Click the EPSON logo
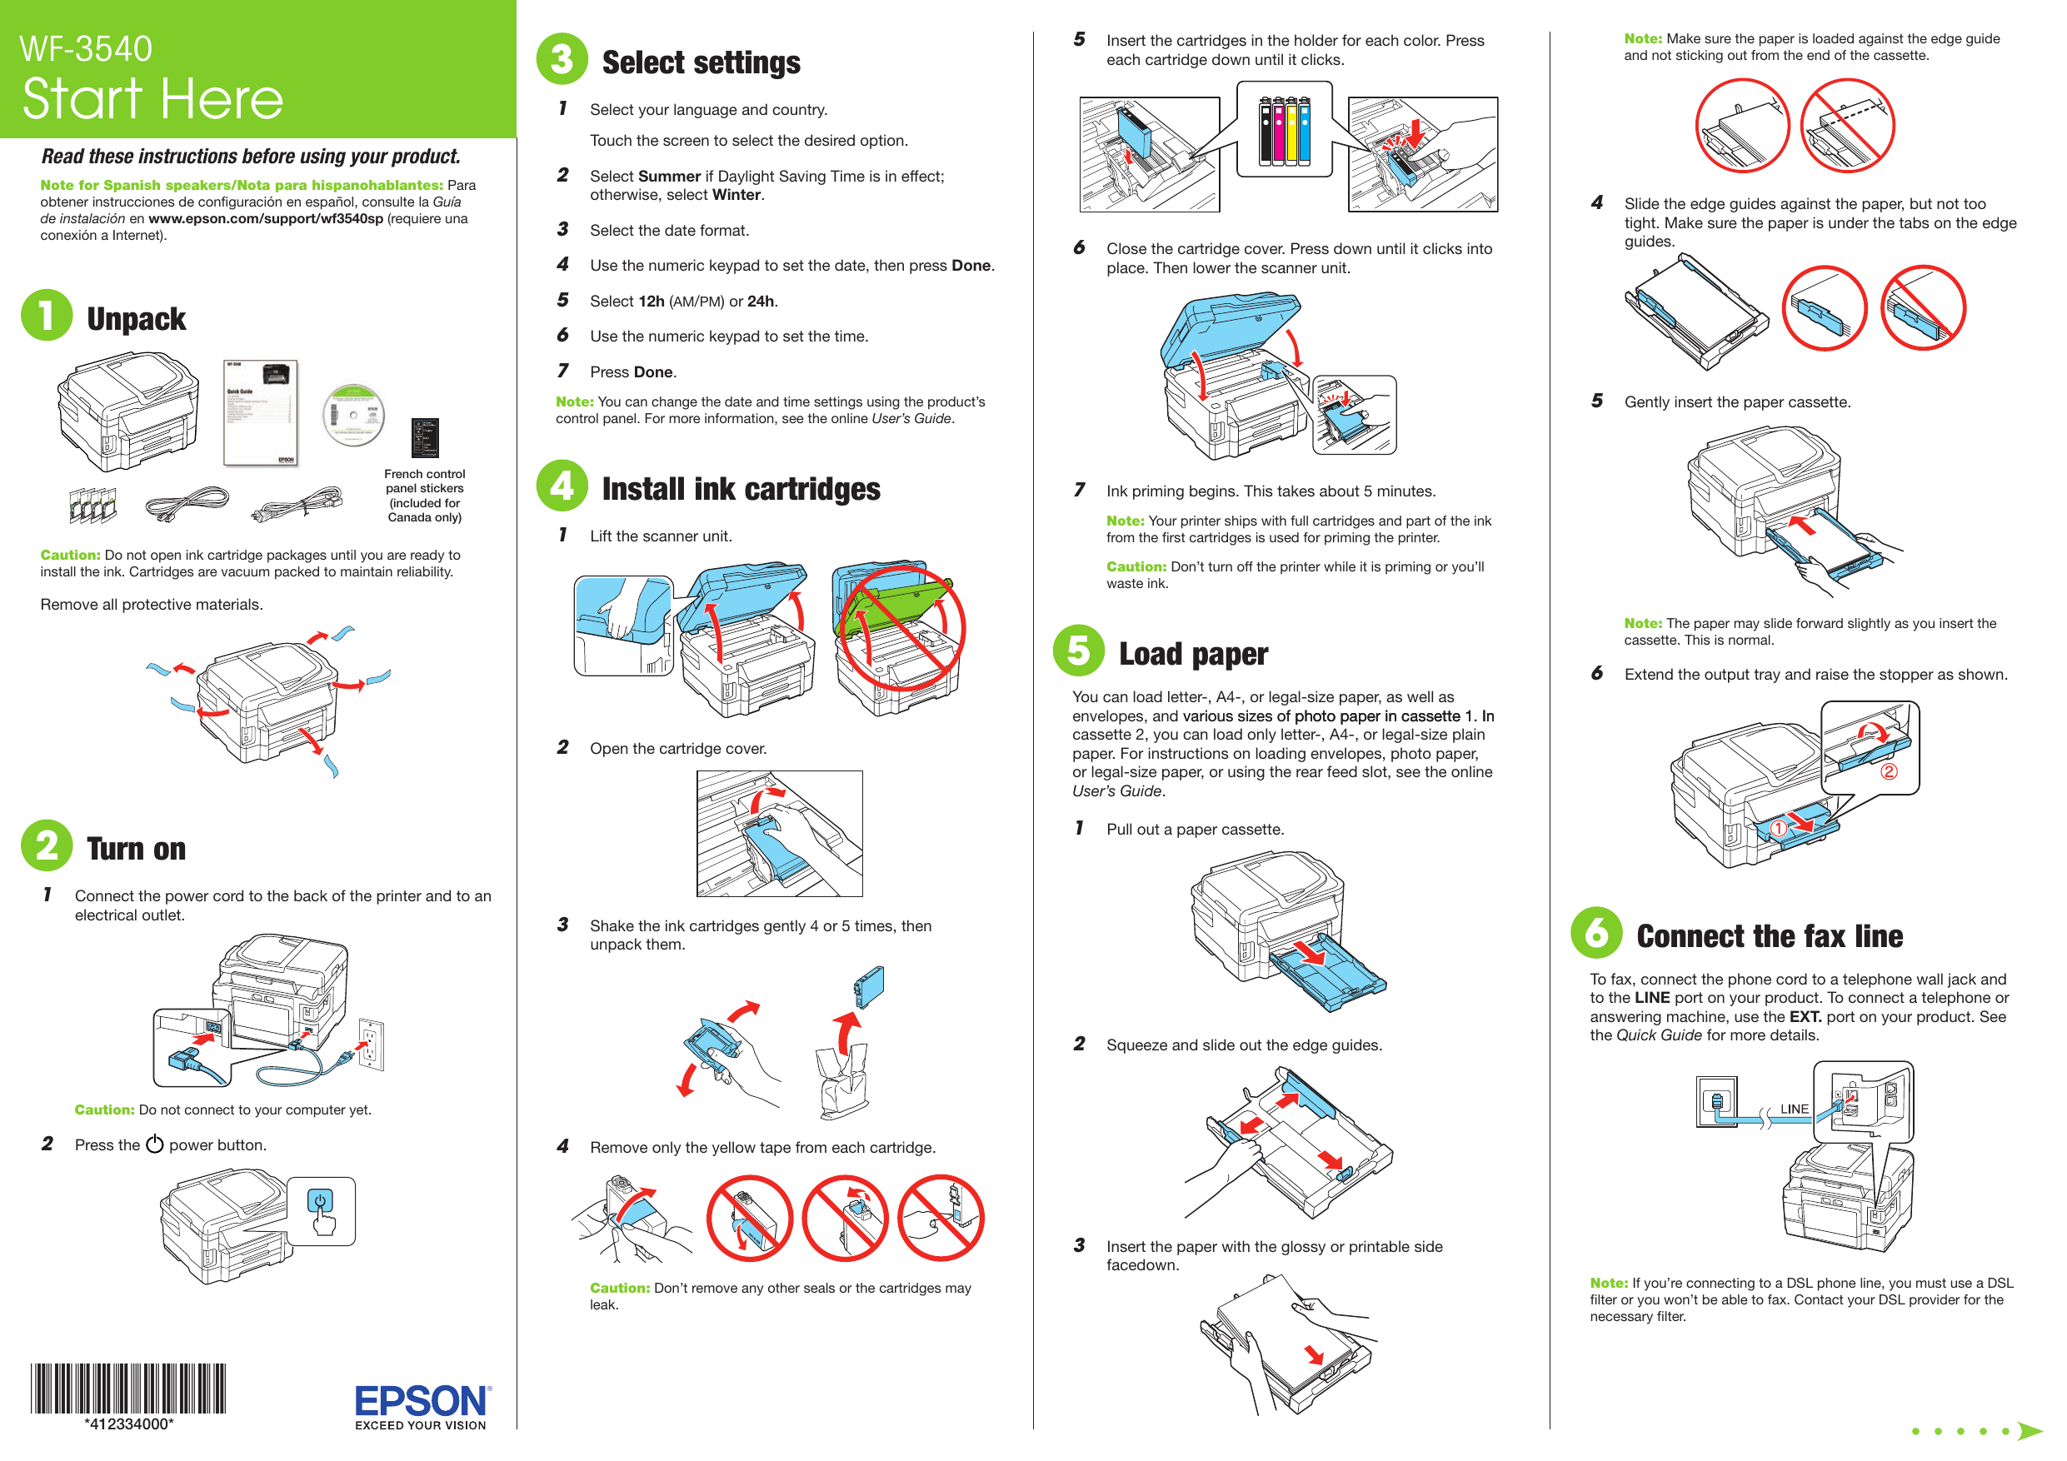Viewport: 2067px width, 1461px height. [x=422, y=1402]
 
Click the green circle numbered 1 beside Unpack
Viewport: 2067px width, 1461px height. [x=47, y=315]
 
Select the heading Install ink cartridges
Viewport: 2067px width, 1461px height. [x=740, y=489]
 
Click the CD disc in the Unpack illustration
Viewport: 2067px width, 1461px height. [x=354, y=415]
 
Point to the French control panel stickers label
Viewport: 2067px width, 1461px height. [x=424, y=495]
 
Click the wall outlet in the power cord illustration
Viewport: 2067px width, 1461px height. [x=371, y=1045]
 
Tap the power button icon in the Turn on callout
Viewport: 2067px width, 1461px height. [x=320, y=1201]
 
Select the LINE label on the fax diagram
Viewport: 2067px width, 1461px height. [x=1794, y=1109]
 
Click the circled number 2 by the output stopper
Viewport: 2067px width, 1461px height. [x=1889, y=771]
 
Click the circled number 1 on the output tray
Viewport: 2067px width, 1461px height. [x=1778, y=828]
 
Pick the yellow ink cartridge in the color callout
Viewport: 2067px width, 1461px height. [x=1292, y=132]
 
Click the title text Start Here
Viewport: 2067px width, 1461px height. [x=152, y=98]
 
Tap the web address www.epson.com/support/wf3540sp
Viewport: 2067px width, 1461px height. [x=266, y=219]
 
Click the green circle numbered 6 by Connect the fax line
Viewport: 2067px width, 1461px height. [x=1596, y=933]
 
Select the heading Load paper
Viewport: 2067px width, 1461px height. [x=1192, y=655]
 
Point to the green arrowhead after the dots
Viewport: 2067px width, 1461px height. [x=2030, y=1430]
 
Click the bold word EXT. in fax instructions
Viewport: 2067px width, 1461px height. [x=1805, y=1016]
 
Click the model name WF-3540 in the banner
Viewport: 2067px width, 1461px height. [x=86, y=48]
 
